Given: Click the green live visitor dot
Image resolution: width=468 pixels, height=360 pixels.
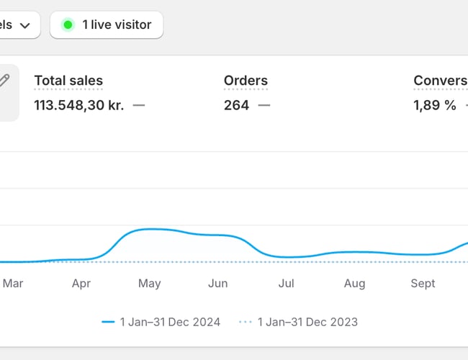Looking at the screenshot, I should [68, 25].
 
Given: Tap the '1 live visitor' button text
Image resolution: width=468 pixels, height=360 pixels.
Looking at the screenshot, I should [117, 25].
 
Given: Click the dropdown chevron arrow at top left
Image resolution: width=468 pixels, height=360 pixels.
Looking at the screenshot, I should [25, 26].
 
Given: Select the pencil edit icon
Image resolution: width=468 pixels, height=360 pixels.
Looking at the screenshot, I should [4, 81].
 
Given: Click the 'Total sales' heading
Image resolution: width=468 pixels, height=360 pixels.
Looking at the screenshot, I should [68, 81].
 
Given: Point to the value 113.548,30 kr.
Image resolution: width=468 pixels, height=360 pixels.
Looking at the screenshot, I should [78, 105].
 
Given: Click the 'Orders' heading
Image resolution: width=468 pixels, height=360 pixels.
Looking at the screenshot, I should [246, 81].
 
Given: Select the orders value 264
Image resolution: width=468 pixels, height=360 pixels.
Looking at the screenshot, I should [236, 105].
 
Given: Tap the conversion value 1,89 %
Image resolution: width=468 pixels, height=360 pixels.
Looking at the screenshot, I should [435, 105].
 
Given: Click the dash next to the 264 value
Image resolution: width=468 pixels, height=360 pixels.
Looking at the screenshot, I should [264, 105].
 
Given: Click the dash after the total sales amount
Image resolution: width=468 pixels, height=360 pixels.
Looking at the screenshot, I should [139, 105].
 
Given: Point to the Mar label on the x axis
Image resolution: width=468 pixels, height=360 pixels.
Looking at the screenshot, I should [13, 284].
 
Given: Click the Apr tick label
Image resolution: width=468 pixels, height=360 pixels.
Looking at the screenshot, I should [81, 284].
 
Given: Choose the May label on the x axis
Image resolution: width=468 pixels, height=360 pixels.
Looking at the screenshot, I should [149, 284].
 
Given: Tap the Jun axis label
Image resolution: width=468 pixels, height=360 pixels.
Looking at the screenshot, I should [217, 284].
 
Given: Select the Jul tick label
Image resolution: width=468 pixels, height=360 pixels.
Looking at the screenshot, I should [286, 284].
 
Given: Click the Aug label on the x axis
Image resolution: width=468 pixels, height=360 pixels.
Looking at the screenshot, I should [354, 284].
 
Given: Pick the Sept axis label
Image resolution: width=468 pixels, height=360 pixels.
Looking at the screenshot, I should [423, 284].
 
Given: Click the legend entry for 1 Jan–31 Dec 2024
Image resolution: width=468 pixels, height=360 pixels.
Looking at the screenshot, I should [161, 322].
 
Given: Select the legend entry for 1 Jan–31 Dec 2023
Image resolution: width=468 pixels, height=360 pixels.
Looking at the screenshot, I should [298, 322].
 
